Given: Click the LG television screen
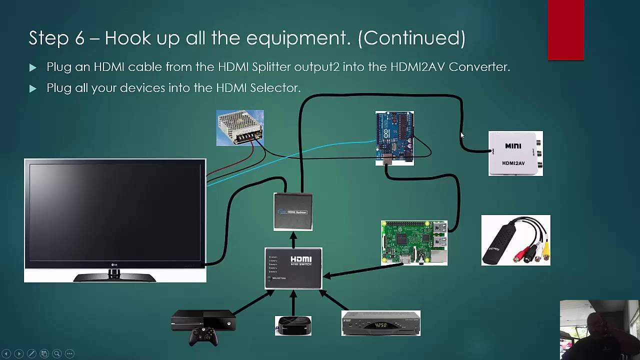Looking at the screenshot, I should pyautogui.click(x=114, y=212).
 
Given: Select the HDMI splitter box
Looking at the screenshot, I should pyautogui.click(x=293, y=212).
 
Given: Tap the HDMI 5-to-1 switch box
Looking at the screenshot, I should pyautogui.click(x=293, y=268).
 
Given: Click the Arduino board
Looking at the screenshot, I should pyautogui.click(x=394, y=138).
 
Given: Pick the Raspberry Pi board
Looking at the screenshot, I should pyautogui.click(x=414, y=242).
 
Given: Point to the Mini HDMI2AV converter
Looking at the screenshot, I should pyautogui.click(x=515, y=153).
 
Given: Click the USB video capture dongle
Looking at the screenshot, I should pyautogui.click(x=515, y=240).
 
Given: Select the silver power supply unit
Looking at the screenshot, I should pyautogui.click(x=240, y=128).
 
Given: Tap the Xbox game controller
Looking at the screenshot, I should pyautogui.click(x=203, y=336).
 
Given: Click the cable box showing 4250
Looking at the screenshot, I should pyautogui.click(x=380, y=323).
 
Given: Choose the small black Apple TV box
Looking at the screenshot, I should pyautogui.click(x=293, y=326).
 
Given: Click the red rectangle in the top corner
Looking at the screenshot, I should pyautogui.click(x=565, y=30).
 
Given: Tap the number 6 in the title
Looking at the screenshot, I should pyautogui.click(x=79, y=38).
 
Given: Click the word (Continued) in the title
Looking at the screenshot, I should pyautogui.click(x=411, y=38).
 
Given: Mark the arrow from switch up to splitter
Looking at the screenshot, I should pyautogui.click(x=293, y=239).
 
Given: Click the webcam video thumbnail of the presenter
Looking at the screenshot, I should pyautogui.click(x=599, y=329).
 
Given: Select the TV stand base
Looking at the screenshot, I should pyautogui.click(x=114, y=276).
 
